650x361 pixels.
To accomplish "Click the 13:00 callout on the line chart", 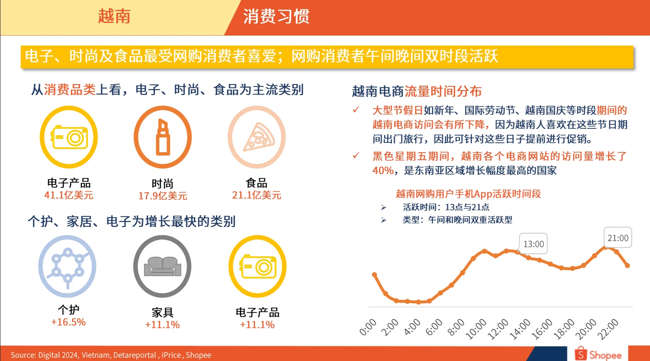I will (x=533, y=244).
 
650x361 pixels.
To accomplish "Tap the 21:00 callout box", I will (x=618, y=238).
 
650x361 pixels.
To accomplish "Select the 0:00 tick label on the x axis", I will (x=368, y=327).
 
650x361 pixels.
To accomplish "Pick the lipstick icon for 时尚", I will (x=163, y=137).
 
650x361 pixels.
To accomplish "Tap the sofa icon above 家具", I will (x=162, y=266).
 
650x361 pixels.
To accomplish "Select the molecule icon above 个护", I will (x=68, y=266).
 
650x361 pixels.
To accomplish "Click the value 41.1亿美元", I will (x=69, y=195).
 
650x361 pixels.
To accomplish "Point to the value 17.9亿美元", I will (x=163, y=196).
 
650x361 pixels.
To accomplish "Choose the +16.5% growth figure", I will (x=68, y=322).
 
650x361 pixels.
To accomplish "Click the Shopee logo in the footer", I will (x=598, y=354).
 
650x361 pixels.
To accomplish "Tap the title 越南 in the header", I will (x=114, y=16).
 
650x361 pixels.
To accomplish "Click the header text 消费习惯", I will (x=276, y=16).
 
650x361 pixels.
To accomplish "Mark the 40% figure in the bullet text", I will (x=383, y=170).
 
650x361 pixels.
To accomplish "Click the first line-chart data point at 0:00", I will (x=374, y=275).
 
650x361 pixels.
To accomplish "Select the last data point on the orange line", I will (x=627, y=265).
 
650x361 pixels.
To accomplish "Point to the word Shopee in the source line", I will (x=198, y=355).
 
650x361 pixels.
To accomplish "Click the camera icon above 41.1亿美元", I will (x=69, y=137).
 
